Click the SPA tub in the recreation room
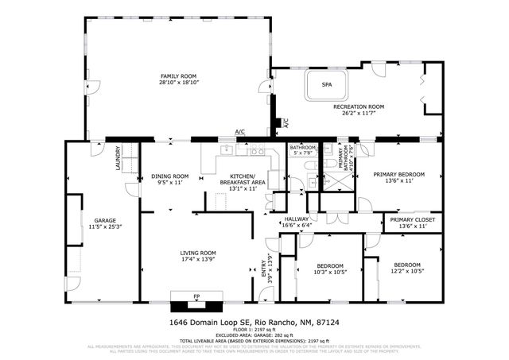[326, 84]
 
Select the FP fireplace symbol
[196, 297]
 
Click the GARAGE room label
[105, 220]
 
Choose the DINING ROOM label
[169, 176]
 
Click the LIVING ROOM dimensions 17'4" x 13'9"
[194, 259]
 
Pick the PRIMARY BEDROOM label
[399, 174]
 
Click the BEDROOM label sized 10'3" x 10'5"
[329, 265]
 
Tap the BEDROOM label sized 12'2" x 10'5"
[406, 265]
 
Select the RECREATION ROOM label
[358, 106]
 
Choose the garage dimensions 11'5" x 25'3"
[105, 227]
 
